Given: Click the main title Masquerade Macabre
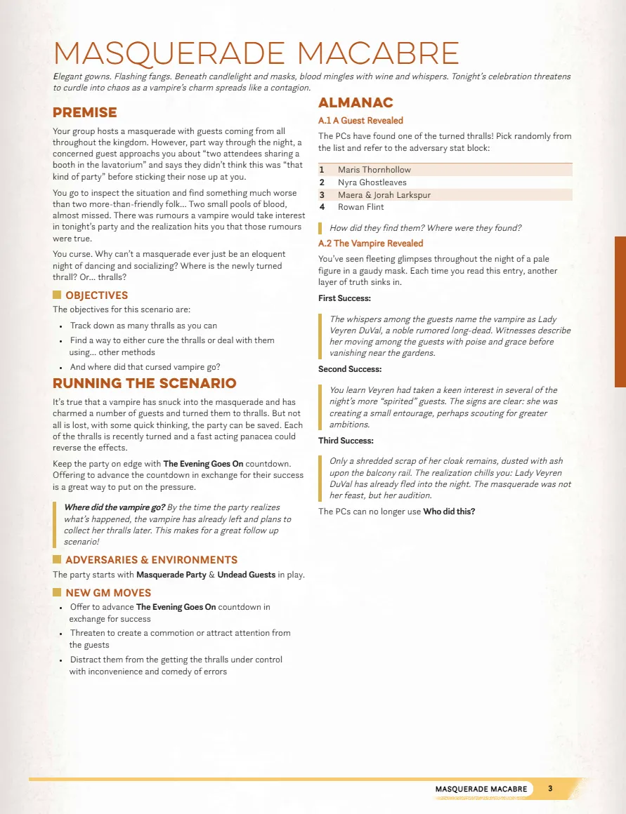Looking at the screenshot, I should click(x=256, y=54).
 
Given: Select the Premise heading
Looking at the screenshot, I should click(x=85, y=112).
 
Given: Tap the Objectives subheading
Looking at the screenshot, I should click(x=96, y=295).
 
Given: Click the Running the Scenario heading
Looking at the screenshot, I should click(x=145, y=383).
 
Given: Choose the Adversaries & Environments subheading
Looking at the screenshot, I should click(x=151, y=560).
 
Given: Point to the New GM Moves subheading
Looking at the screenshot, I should click(x=108, y=593).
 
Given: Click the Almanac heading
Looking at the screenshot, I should click(x=356, y=103).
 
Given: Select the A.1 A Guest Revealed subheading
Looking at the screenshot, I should click(x=360, y=121).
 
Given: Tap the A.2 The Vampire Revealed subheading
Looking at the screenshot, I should click(x=370, y=243).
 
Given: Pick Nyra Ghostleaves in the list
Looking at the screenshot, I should click(x=372, y=182).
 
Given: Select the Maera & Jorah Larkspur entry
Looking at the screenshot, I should click(x=384, y=195).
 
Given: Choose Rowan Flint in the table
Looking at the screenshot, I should click(x=360, y=207).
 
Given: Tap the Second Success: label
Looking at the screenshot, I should click(x=350, y=369).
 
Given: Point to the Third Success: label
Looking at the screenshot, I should click(x=346, y=441).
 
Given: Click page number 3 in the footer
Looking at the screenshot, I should click(x=550, y=789).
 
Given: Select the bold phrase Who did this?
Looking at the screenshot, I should click(x=448, y=512).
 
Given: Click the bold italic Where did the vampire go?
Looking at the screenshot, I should click(x=115, y=507).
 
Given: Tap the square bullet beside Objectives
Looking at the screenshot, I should click(x=58, y=295).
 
